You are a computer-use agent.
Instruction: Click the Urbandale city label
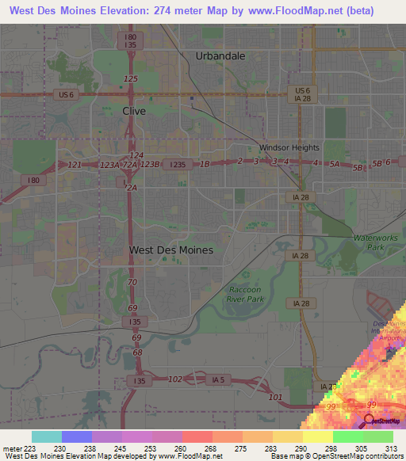click(220, 55)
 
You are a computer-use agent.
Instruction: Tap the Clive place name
click(134, 112)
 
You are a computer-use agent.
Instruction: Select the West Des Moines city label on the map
click(170, 250)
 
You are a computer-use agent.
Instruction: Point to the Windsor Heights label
click(289, 147)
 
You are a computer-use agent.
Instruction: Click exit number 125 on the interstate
click(131, 78)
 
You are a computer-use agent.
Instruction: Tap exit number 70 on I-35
click(132, 282)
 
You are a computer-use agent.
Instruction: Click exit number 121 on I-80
click(75, 164)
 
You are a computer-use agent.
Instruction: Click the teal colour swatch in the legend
click(47, 436)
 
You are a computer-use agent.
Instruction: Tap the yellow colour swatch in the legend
click(317, 436)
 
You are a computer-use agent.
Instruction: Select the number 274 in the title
click(166, 10)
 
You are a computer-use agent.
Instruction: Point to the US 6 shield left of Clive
click(66, 95)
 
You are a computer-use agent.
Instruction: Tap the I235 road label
click(176, 164)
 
